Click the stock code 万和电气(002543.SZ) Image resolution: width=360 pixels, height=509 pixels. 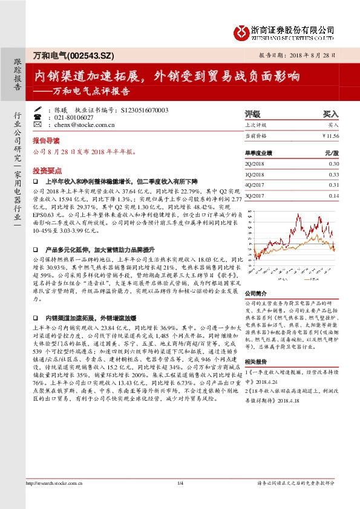click(64, 55)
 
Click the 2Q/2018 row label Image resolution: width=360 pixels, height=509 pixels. click(254, 164)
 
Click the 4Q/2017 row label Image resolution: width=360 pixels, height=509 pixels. click(254, 185)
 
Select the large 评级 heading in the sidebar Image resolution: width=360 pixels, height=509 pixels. click(252, 113)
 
